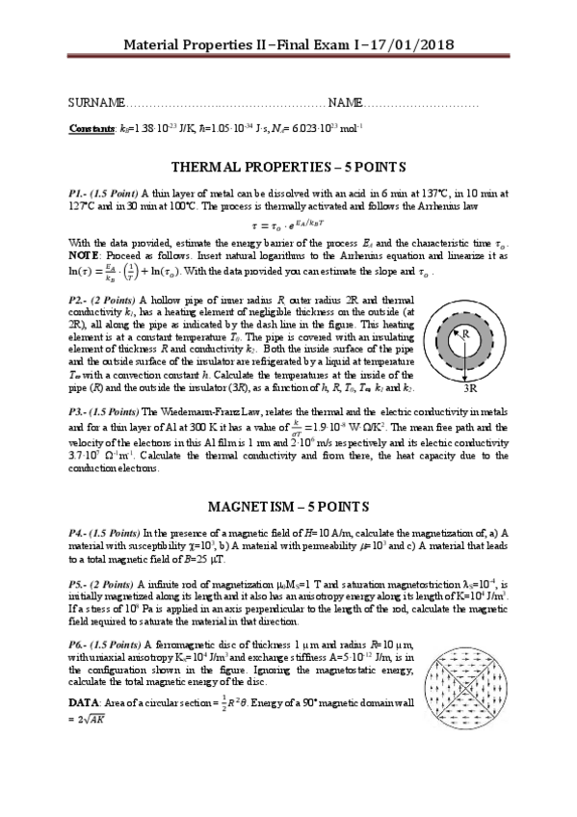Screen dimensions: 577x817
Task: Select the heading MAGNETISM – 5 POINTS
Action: [288, 506]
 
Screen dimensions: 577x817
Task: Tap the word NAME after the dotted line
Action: [344, 103]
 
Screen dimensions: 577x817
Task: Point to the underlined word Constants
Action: [92, 128]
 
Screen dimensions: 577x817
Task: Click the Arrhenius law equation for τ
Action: [288, 223]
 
